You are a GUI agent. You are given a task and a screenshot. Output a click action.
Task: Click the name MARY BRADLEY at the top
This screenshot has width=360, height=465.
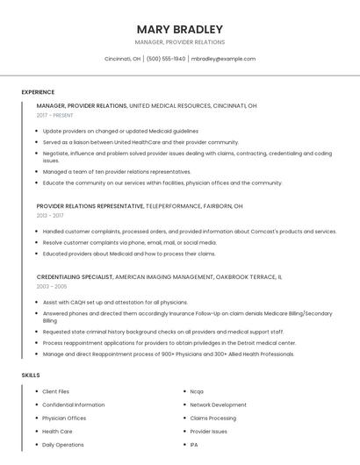180,29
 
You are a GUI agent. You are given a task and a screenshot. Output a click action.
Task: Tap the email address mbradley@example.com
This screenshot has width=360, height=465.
223,59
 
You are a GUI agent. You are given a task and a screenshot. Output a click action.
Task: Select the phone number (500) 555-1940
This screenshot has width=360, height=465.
166,59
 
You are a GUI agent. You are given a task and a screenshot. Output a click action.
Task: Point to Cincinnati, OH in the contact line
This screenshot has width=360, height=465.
123,59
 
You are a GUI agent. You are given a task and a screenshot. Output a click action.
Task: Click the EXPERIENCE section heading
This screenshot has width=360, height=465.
38,92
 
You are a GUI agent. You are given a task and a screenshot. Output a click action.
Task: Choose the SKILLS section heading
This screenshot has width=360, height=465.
31,375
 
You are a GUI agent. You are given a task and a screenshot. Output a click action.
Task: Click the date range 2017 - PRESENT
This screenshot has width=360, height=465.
56,115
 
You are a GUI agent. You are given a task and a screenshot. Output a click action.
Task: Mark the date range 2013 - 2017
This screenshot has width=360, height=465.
50,215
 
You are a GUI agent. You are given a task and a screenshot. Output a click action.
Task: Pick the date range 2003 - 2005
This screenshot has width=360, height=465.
52,286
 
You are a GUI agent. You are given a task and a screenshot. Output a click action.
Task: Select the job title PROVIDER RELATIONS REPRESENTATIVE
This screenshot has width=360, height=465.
90,206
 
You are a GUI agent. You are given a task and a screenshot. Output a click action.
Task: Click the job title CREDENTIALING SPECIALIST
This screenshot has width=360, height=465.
75,277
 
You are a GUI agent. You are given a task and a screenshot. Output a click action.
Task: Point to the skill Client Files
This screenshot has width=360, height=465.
56,391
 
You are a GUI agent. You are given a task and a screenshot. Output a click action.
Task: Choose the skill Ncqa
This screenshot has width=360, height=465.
197,391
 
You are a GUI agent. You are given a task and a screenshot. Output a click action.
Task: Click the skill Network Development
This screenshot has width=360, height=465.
218,404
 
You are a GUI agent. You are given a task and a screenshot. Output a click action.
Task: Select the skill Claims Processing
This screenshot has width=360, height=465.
212,418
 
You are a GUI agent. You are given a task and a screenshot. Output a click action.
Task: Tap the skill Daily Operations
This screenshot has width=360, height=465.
62,445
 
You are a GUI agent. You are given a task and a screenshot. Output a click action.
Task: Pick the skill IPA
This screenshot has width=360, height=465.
194,445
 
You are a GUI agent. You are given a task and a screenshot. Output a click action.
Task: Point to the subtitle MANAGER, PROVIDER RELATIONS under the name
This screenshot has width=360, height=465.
180,42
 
